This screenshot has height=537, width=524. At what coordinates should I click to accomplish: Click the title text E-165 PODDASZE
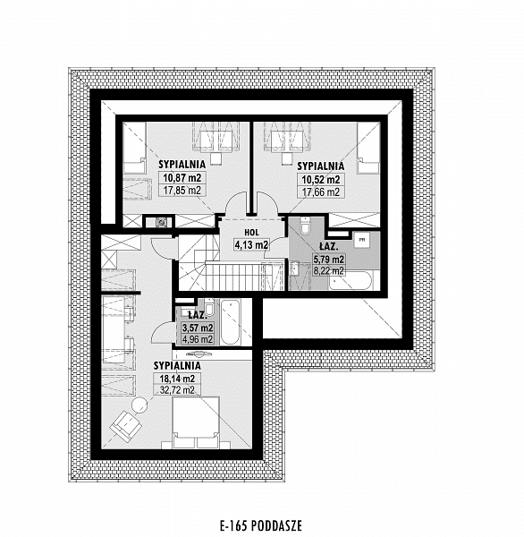pos(261,525)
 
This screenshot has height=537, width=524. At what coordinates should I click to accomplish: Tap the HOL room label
pos(251,232)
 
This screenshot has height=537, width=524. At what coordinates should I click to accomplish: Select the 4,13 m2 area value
pos(251,244)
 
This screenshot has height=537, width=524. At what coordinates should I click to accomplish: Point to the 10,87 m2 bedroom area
pos(182,178)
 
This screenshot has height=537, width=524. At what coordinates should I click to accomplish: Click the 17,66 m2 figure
pos(321,192)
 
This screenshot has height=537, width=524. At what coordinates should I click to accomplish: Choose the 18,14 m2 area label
pos(177,379)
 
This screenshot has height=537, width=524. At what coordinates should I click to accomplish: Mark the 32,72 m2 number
pos(177,389)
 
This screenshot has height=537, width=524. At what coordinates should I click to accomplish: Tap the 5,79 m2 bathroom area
pos(329,259)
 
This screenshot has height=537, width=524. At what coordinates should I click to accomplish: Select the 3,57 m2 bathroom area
pos(198,328)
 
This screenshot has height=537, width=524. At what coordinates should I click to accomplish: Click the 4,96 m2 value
pos(198,339)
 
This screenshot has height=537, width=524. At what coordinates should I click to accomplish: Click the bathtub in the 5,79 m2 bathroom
pos(351,281)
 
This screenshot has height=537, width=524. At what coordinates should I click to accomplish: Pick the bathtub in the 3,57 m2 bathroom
pos(230,322)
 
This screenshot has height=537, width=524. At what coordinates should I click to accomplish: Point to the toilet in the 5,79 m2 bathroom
pos(304,226)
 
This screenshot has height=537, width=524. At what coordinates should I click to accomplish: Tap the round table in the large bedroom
pos(140,405)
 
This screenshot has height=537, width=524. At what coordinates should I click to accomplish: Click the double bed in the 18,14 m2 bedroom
pos(196,422)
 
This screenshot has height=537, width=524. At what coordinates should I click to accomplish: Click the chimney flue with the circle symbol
pos(161,223)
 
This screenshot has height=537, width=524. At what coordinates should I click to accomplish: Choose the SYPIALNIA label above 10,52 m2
pos(321,166)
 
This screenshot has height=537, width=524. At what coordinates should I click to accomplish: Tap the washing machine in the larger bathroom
pos(361,241)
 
